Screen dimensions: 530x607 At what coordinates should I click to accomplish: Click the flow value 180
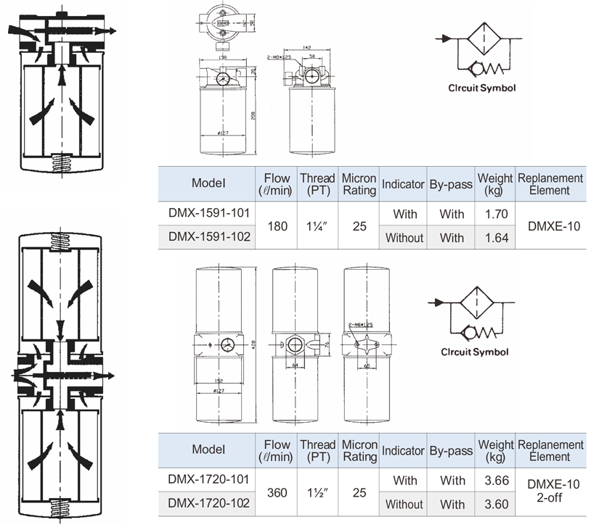coord(277,226)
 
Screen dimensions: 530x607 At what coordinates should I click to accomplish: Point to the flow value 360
coord(277,492)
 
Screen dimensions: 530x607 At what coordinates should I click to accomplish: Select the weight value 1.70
coord(494,215)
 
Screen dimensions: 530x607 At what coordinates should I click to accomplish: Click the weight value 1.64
coord(494,237)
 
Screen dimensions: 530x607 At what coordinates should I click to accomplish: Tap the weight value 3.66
coord(494,481)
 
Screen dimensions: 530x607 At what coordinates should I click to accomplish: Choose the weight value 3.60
coord(494,503)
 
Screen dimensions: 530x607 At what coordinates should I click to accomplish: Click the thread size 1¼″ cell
coord(317,226)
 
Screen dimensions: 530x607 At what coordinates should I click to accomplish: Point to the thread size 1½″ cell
coord(317,492)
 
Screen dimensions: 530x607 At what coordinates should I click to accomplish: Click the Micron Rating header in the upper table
coord(359,184)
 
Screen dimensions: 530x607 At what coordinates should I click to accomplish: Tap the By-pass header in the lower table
coord(450,450)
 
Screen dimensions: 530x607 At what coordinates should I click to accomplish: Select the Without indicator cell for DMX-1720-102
coord(404,504)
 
